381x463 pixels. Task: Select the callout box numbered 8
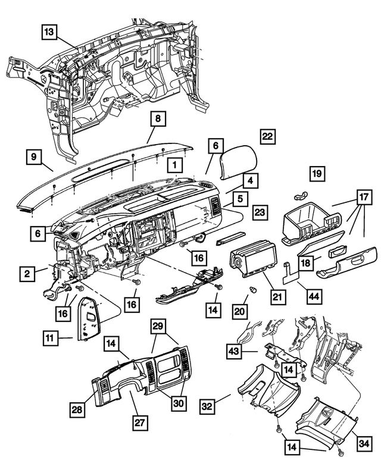coord(157,120)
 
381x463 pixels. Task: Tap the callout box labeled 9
coord(35,158)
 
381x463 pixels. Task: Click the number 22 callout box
coord(267,136)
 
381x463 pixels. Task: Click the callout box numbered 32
coord(206,407)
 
